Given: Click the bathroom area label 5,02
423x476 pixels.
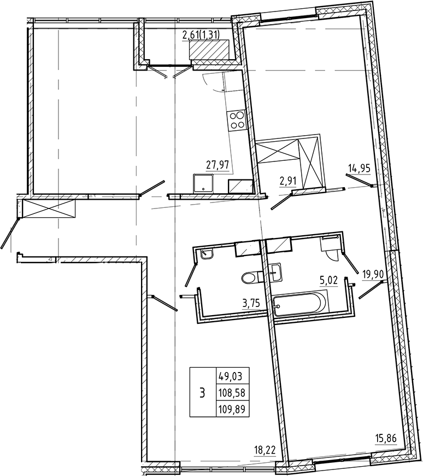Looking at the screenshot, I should [x=329, y=282].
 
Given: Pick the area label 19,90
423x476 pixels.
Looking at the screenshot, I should [x=373, y=275].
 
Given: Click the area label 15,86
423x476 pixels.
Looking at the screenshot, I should [x=386, y=438].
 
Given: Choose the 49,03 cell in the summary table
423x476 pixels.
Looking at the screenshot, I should [x=233, y=376].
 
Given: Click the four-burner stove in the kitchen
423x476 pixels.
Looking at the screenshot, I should [x=237, y=120].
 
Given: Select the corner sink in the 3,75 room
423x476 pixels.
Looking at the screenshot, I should [x=207, y=254].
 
